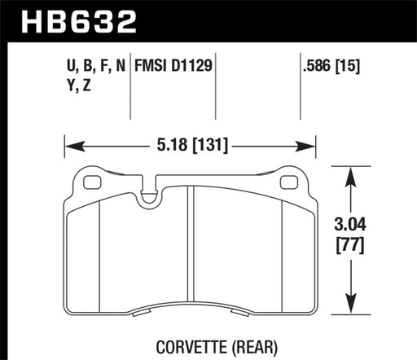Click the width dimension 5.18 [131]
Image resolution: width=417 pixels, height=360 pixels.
point(189,147)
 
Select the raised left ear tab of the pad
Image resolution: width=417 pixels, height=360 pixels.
point(86,178)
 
